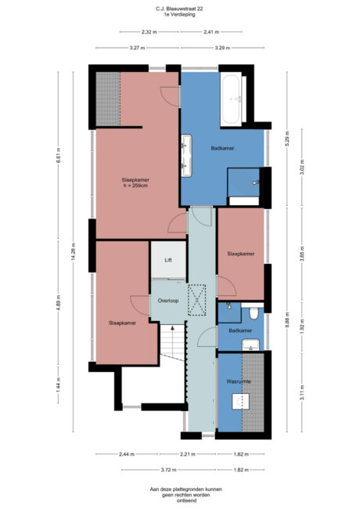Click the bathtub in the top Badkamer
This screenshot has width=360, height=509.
233,99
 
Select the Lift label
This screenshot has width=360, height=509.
167,260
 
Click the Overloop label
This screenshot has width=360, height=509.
168,300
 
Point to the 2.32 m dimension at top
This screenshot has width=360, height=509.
148,32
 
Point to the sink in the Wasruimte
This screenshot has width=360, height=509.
239,403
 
